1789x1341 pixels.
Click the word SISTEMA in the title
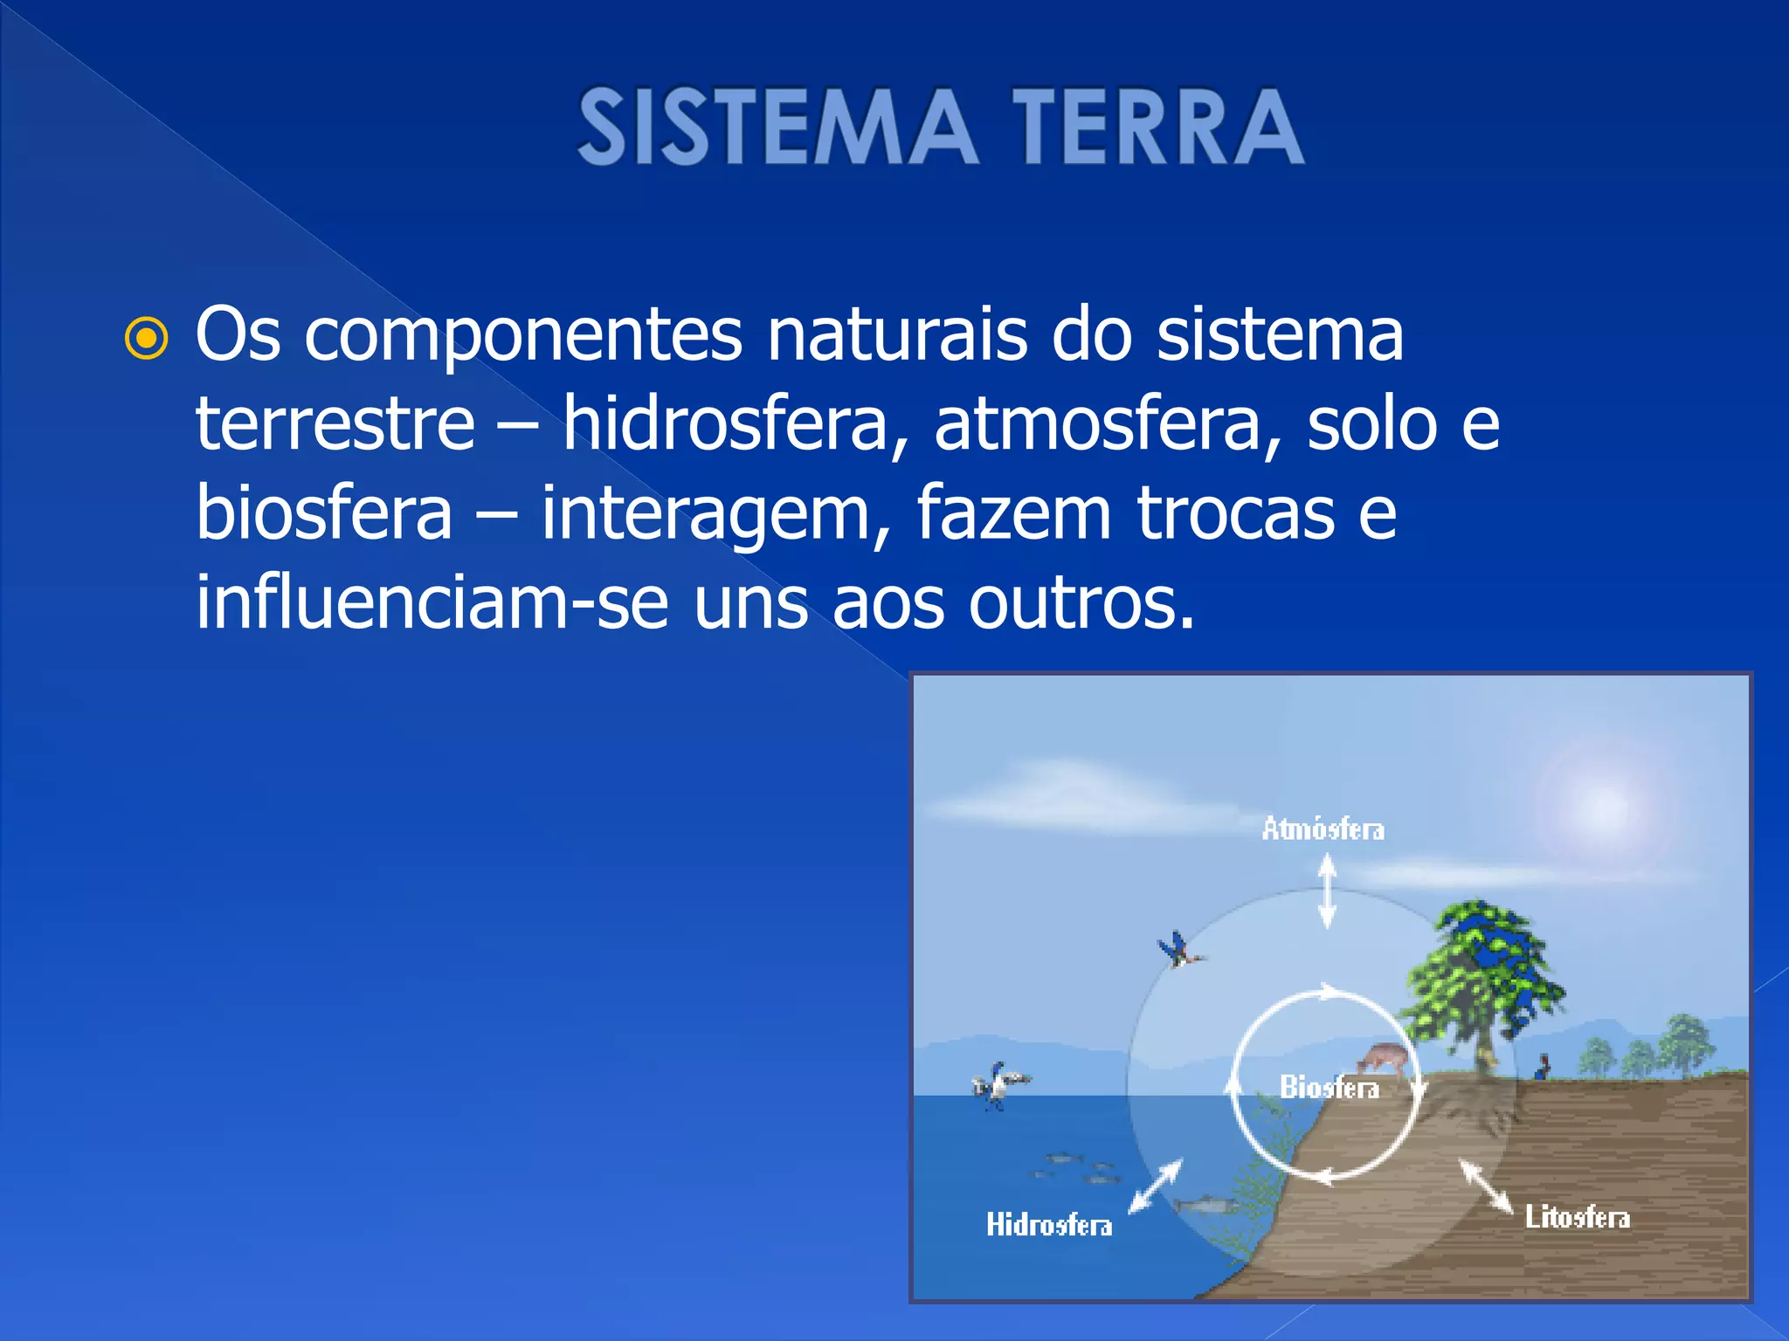pyautogui.click(x=776, y=127)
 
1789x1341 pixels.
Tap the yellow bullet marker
pyautogui.click(x=146, y=339)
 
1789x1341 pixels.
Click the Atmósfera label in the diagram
pyautogui.click(x=1323, y=829)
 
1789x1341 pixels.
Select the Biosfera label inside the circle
pyautogui.click(x=1329, y=1087)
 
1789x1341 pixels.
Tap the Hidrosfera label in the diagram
pyautogui.click(x=1049, y=1224)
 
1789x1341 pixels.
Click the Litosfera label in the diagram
pyautogui.click(x=1577, y=1216)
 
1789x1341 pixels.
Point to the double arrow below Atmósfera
pyautogui.click(x=1326, y=891)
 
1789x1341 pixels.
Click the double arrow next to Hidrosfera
pyautogui.click(x=1155, y=1186)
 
